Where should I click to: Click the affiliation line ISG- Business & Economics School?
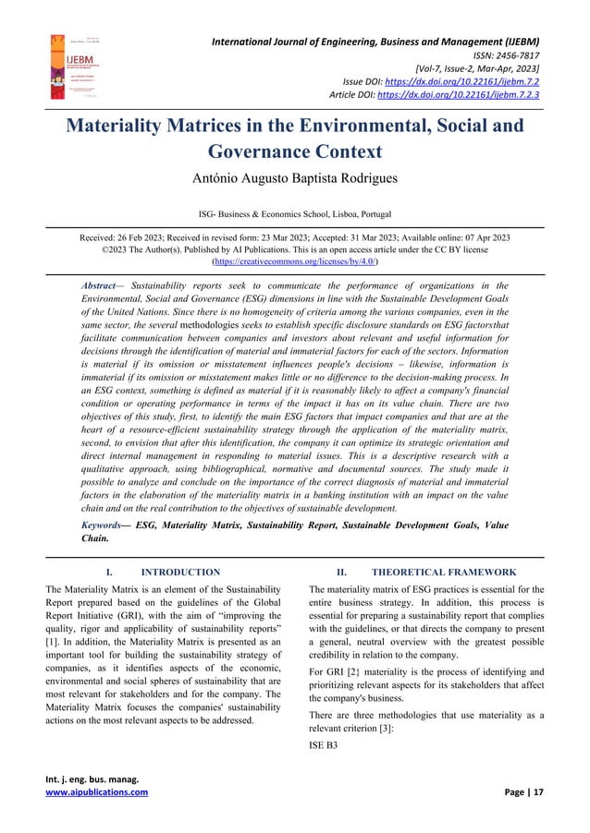coord(295,213)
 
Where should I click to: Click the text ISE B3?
coord(324,748)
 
